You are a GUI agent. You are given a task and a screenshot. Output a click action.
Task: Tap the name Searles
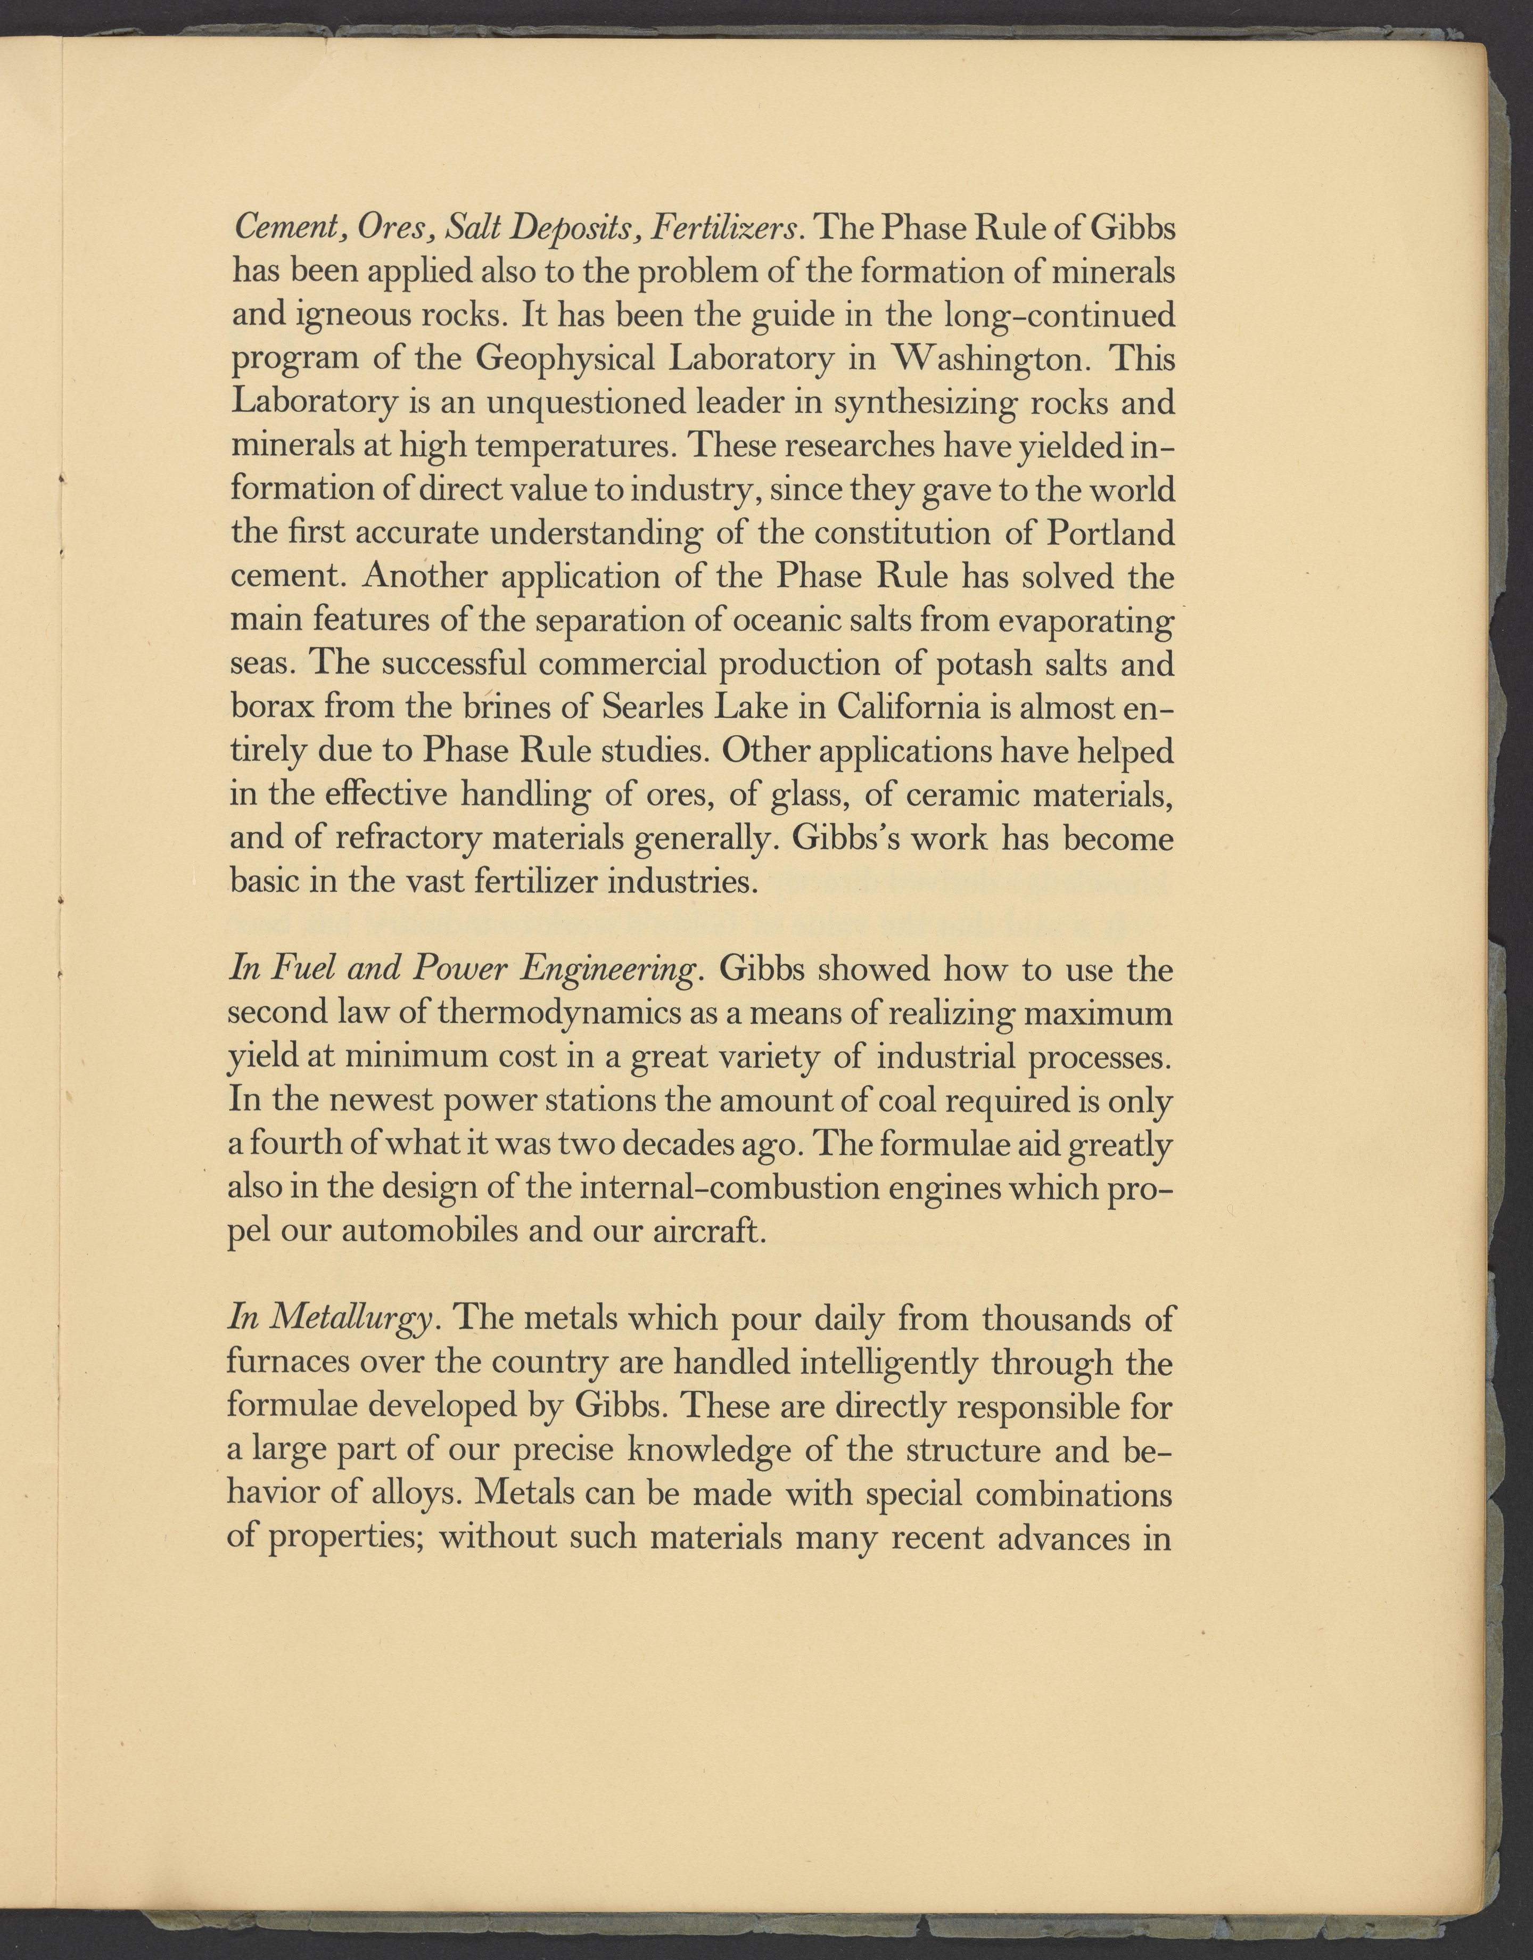(650, 708)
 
